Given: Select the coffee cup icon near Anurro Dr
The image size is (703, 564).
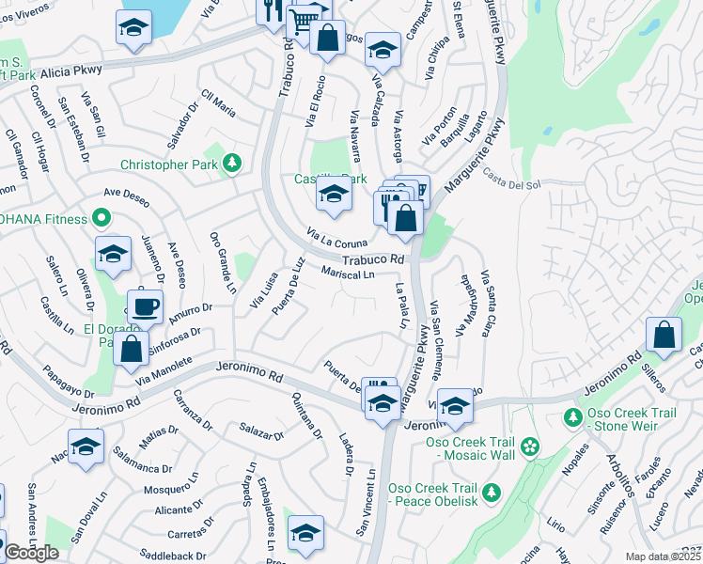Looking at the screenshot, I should [x=144, y=305].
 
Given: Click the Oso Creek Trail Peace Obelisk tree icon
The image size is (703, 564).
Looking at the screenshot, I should [x=490, y=491].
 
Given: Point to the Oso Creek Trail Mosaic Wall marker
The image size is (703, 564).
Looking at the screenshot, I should [x=530, y=445].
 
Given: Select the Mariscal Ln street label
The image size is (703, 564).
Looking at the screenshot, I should [x=348, y=274].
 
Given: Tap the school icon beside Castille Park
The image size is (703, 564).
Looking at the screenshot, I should [x=333, y=196].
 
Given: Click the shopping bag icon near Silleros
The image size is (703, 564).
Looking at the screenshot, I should [x=664, y=335].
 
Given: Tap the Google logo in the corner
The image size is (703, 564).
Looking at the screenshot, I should [x=31, y=553].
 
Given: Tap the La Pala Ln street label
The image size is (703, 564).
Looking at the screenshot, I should [x=402, y=305].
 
